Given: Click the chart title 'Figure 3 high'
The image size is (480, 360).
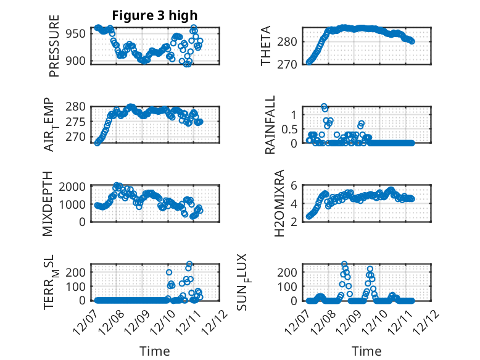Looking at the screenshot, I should point(155,15).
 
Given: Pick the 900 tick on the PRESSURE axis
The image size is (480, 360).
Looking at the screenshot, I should point(78,61).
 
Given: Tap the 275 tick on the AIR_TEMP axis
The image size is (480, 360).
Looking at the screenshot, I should point(78,122).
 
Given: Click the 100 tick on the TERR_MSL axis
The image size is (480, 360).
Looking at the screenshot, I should point(78,286).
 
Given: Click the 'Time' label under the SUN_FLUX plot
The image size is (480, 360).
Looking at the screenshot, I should point(366,351).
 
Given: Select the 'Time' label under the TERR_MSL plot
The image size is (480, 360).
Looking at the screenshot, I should point(155,351).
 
